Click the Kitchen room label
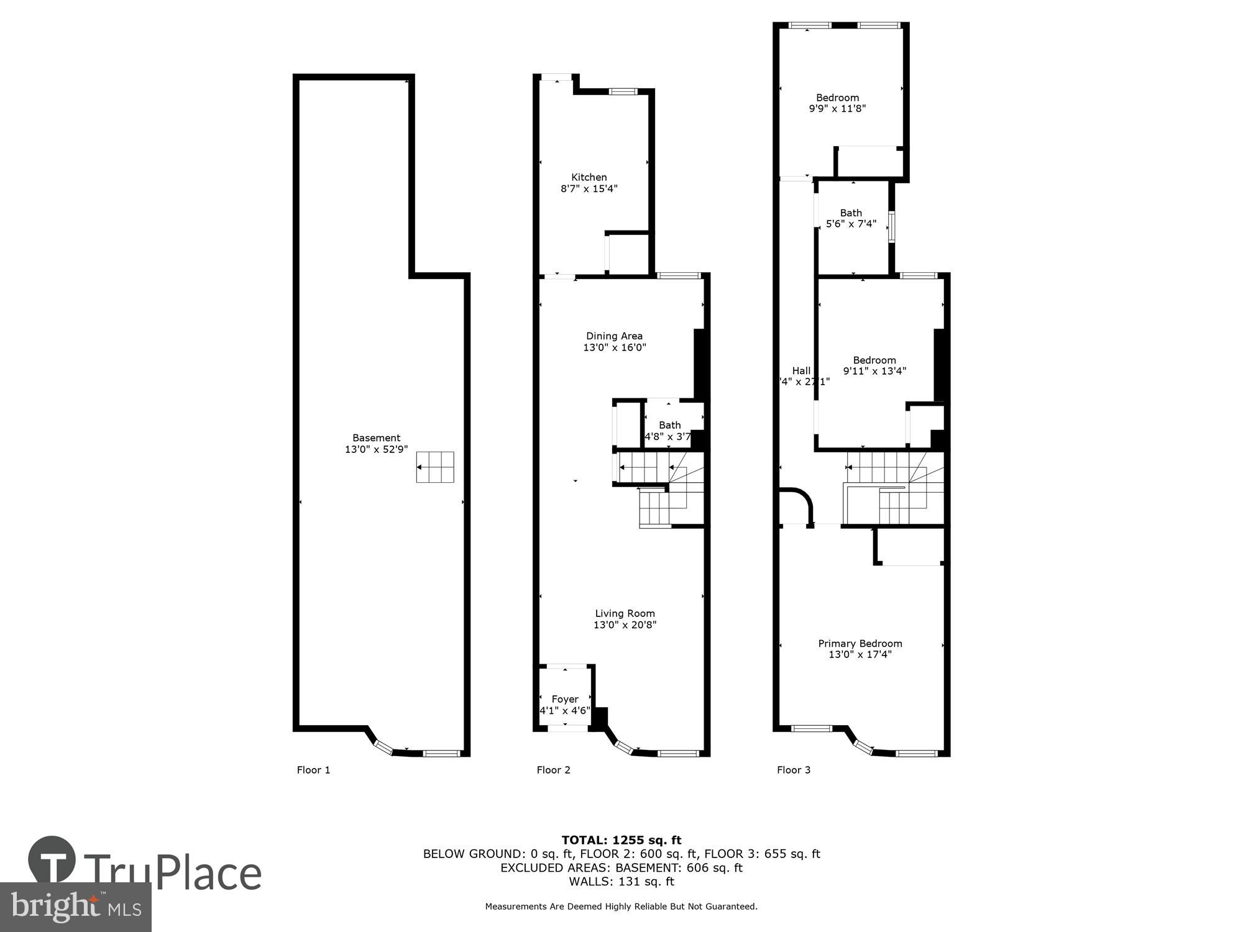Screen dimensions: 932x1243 click(x=589, y=178)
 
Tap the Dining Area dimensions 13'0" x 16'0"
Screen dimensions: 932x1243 click(x=614, y=348)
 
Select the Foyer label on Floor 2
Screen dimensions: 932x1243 click(x=564, y=700)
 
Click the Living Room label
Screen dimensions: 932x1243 click(x=625, y=613)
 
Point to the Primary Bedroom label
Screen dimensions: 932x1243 click(x=860, y=644)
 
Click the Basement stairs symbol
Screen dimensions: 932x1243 click(x=434, y=467)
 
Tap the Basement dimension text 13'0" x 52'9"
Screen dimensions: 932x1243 click(x=376, y=449)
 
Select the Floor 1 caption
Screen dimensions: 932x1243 click(x=313, y=770)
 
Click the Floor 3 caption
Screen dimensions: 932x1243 click(x=793, y=770)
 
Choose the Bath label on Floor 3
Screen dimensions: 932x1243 click(x=850, y=213)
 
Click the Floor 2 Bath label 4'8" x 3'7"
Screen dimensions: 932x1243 click(x=669, y=431)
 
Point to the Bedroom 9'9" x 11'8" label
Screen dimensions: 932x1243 click(x=837, y=103)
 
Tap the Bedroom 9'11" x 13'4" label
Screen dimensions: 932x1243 click(x=874, y=365)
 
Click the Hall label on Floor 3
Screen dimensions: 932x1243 click(x=801, y=371)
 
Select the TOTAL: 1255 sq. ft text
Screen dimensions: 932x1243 click(x=621, y=841)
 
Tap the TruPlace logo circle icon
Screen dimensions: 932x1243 click(x=52, y=861)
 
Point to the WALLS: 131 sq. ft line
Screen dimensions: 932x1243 click(x=621, y=882)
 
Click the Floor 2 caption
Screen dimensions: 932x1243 click(x=553, y=770)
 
